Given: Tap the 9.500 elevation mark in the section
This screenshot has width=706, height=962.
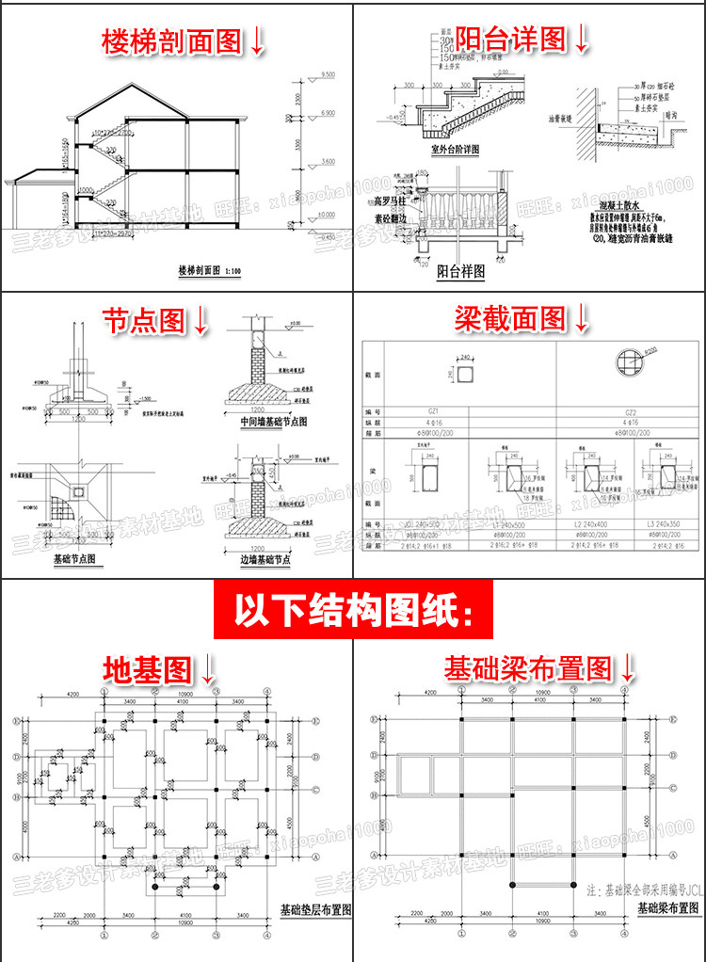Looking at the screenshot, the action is [x=328, y=73].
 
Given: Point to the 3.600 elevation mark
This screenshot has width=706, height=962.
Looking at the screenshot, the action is [x=328, y=162].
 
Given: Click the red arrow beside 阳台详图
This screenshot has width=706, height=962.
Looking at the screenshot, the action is [x=581, y=39].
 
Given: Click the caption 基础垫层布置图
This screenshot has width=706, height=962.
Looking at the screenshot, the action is [x=316, y=910].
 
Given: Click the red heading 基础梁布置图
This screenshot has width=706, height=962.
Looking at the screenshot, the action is [x=527, y=669].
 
